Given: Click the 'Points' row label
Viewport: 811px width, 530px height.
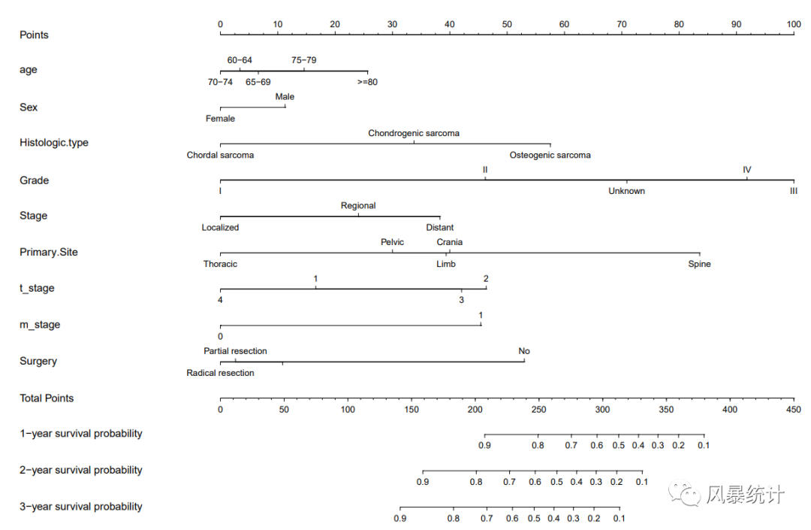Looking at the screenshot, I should [x=34, y=35].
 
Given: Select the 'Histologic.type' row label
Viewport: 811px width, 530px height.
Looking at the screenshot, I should [x=54, y=143].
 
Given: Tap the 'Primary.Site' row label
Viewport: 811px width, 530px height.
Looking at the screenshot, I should [x=49, y=253].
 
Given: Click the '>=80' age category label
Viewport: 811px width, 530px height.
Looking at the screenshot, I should [x=367, y=82].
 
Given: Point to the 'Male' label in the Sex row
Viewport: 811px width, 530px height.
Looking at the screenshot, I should [x=285, y=97].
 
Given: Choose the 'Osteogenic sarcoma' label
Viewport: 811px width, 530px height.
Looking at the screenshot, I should [x=550, y=156].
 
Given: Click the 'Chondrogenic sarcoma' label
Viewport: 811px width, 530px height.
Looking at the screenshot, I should [x=414, y=133].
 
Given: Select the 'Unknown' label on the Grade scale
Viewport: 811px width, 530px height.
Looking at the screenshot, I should [x=626, y=191].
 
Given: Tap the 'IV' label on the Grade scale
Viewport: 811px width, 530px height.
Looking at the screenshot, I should [x=746, y=170].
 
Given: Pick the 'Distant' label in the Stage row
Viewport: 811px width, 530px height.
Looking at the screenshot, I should [x=439, y=228].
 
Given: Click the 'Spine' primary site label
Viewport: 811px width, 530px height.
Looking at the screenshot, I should [x=699, y=265].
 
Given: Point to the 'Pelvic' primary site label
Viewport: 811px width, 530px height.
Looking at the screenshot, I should [x=392, y=242].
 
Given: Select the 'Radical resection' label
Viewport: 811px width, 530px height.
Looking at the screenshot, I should [x=220, y=373].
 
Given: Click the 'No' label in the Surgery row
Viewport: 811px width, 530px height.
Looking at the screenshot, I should [x=524, y=351].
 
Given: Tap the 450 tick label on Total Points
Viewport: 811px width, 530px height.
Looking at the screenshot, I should [x=793, y=410].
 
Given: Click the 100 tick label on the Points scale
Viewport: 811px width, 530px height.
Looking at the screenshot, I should [x=793, y=25].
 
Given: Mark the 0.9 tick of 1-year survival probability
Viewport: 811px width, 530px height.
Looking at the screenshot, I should [x=484, y=445].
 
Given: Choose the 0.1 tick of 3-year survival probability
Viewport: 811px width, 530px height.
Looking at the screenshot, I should [x=619, y=519].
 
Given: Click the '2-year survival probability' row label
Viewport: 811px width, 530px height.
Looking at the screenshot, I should [x=81, y=471].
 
